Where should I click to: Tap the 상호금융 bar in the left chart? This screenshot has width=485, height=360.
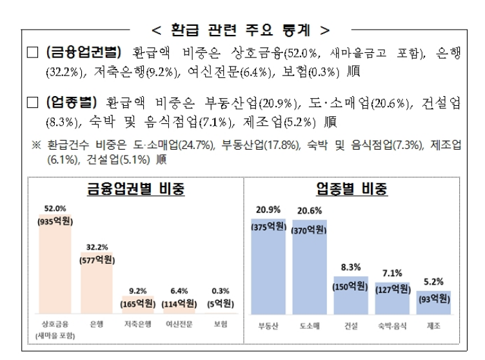coord(55,271)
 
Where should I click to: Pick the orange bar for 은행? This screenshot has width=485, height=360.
coord(96,284)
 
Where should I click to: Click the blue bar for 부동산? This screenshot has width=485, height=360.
coord(268,271)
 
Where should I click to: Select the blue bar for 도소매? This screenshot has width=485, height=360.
coord(309,271)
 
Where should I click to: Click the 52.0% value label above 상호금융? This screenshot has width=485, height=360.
coord(55,208)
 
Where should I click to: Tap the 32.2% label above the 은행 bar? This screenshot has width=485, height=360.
coord(96,246)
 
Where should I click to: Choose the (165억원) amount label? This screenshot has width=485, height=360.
coord(138,303)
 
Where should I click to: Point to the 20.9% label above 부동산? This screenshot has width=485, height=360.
coord(268,210)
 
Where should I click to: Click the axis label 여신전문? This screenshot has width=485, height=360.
coord(179,325)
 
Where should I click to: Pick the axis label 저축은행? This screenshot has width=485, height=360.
coord(137,325)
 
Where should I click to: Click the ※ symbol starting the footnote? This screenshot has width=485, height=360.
coord(36,146)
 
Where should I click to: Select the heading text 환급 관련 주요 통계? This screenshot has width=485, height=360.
coord(241,29)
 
